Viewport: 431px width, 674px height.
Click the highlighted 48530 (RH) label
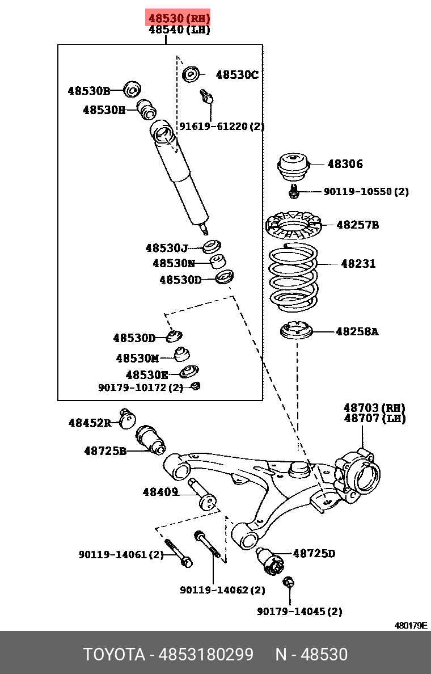tap(179, 18)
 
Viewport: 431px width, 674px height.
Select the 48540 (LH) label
tap(179, 30)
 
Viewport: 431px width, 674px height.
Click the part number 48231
tap(358, 263)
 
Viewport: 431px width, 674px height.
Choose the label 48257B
tap(357, 225)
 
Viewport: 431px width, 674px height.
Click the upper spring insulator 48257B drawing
tap(293, 225)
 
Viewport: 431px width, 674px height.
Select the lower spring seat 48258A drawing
tap(297, 331)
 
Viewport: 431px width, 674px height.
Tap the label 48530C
tap(237, 75)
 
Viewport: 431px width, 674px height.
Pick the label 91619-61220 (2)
tap(222, 127)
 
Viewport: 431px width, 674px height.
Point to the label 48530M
tap(137, 358)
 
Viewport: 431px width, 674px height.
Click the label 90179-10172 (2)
tap(141, 387)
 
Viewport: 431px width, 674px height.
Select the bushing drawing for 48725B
tap(151, 439)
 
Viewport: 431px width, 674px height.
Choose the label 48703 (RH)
tap(374, 407)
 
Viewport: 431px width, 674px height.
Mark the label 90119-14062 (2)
tap(222, 590)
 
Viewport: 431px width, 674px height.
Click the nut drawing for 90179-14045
tap(288, 583)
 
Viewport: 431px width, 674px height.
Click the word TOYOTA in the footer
tap(114, 655)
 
